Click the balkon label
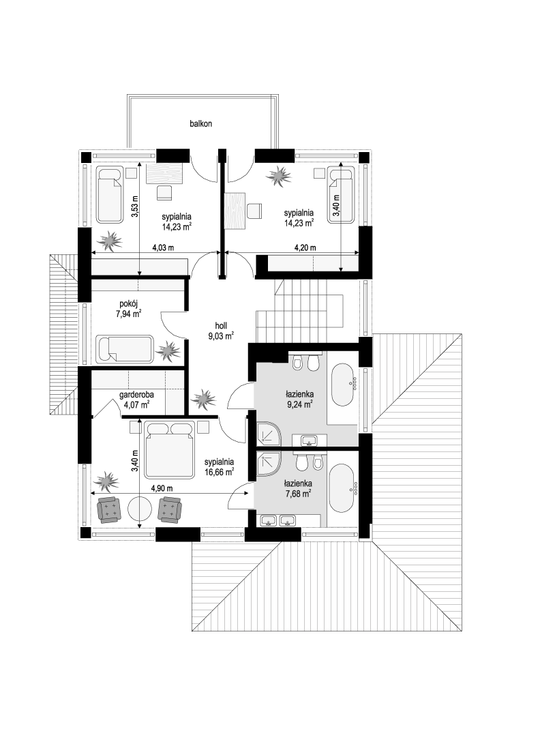tap(200, 123)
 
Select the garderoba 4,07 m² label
tap(136, 400)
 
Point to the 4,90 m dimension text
tap(162, 488)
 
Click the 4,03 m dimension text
tap(163, 248)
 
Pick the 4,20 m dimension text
tap(305, 248)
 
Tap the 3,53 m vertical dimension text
tap(135, 207)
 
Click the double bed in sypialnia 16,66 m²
tap(170, 449)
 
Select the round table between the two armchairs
tap(139, 510)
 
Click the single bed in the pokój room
tap(125, 350)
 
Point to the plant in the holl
tap(204, 399)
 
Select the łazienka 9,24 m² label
tap(299, 400)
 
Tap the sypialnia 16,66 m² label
tap(220, 466)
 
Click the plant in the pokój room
tap(168, 352)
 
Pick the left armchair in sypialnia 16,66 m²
tap(109, 510)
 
